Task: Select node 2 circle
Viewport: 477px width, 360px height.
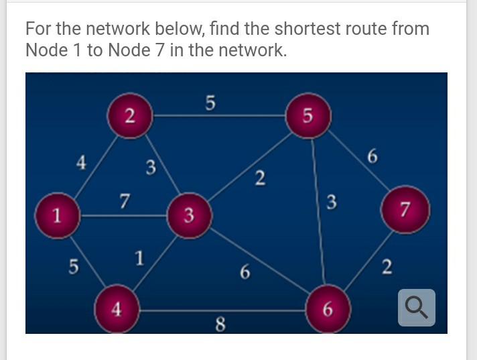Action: pyautogui.click(x=130, y=116)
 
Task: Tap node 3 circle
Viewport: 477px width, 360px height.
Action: pyautogui.click(x=189, y=216)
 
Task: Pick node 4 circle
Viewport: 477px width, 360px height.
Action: pyautogui.click(x=117, y=309)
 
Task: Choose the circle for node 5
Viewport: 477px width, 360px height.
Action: pyautogui.click(x=307, y=115)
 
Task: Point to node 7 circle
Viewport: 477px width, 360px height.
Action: pyautogui.click(x=404, y=210)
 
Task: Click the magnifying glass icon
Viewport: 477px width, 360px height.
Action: pyautogui.click(x=416, y=308)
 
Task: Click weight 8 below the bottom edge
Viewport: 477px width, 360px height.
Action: pyautogui.click(x=220, y=325)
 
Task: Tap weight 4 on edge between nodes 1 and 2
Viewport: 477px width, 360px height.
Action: pyautogui.click(x=81, y=162)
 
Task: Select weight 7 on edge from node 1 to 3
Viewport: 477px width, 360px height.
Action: pyautogui.click(x=124, y=200)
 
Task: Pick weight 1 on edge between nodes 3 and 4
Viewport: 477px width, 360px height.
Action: pyautogui.click(x=139, y=258)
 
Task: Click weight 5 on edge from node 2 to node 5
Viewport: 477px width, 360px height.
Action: pyautogui.click(x=210, y=103)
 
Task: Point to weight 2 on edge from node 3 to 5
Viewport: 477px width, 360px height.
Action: pyautogui.click(x=261, y=178)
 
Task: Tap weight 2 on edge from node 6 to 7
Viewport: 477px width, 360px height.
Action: pyautogui.click(x=386, y=267)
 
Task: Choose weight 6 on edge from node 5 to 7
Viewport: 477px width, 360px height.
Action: pyautogui.click(x=372, y=157)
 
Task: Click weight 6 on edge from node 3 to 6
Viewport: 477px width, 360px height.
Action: pyautogui.click(x=245, y=272)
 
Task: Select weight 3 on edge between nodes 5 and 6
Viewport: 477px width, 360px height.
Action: pyautogui.click(x=331, y=200)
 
